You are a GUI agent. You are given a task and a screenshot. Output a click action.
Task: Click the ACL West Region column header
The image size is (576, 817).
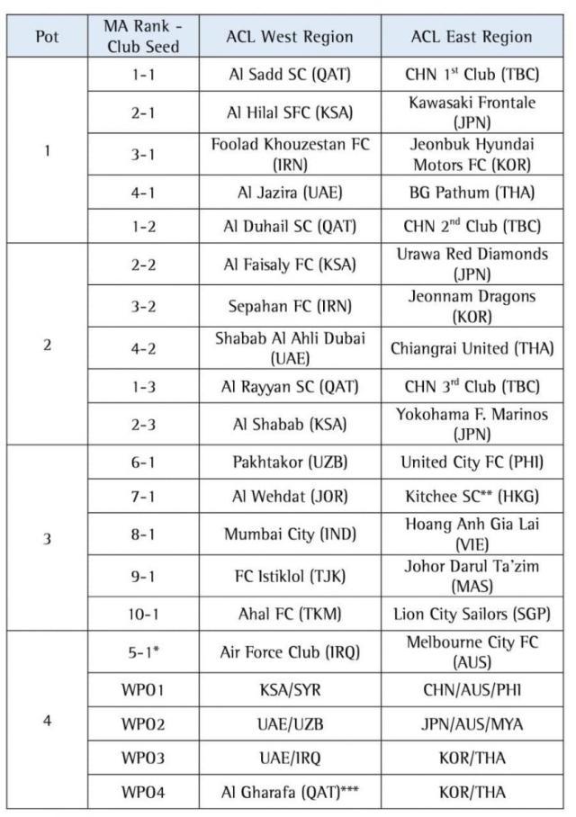click(290, 37)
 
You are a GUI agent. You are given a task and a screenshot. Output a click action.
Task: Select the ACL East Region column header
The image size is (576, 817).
click(471, 37)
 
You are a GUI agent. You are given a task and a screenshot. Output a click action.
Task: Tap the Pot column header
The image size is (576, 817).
click(47, 37)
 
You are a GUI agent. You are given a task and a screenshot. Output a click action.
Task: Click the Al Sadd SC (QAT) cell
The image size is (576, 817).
click(290, 74)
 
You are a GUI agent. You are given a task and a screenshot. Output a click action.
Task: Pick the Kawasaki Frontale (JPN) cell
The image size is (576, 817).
click(471, 112)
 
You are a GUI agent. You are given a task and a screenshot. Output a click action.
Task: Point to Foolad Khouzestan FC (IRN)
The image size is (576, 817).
click(290, 155)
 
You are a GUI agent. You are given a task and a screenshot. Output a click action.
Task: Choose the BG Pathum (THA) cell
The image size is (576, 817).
click(471, 191)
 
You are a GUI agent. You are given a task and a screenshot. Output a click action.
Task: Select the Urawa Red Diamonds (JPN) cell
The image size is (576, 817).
click(471, 264)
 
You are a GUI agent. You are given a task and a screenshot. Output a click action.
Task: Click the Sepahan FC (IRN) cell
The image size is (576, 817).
click(290, 305)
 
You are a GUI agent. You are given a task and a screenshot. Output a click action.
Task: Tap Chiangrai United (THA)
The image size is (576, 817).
click(471, 347)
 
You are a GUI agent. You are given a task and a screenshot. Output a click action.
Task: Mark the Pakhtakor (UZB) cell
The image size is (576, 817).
click(290, 462)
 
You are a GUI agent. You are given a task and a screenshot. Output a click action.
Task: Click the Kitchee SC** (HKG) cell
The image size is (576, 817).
click(471, 495)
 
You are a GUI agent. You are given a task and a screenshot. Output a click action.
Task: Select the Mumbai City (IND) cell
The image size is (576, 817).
click(290, 534)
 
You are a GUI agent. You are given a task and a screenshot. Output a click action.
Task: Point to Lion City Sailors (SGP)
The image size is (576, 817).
click(471, 615)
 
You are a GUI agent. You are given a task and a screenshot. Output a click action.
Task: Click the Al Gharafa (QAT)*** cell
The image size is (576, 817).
click(290, 793)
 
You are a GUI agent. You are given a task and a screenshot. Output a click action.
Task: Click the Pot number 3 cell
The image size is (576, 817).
click(47, 539)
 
